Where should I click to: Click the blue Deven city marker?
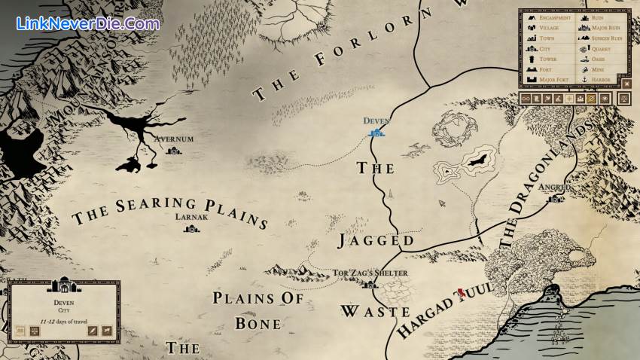(x=376, y=133)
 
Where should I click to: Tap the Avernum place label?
(x=174, y=139)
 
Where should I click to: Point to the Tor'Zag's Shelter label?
(x=370, y=273)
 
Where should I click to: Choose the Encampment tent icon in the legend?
(x=532, y=17)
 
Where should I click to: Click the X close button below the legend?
(x=626, y=84)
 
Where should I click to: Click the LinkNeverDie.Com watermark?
(x=87, y=23)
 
